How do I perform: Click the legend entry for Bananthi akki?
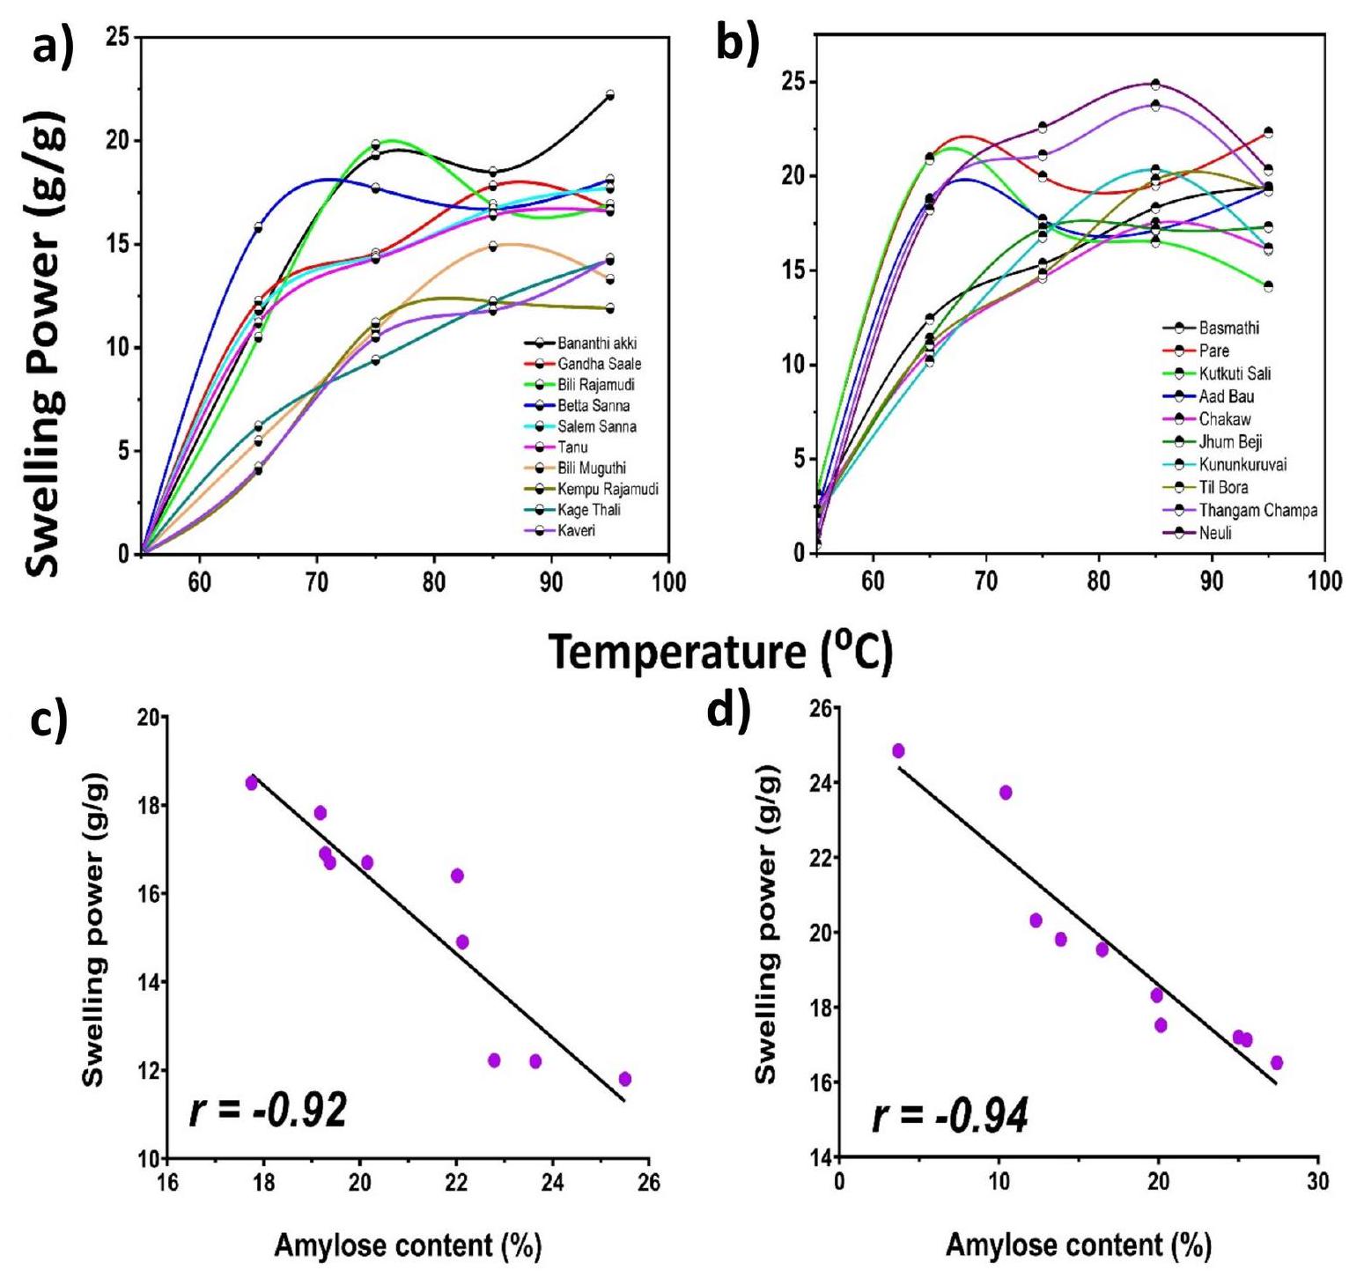coord(596,343)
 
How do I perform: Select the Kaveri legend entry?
coord(576,530)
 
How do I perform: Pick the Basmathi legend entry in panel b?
coord(1228,328)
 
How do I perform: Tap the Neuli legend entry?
coord(1214,533)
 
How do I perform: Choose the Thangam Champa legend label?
coord(1257,510)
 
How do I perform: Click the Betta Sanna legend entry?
coord(594,405)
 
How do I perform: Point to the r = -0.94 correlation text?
coord(950,1117)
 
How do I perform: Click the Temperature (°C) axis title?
coord(721,652)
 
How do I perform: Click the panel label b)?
coord(736,42)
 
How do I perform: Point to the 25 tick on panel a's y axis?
coord(116,38)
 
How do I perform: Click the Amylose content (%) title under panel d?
coord(1078,1244)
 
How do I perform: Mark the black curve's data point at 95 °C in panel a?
coord(609,95)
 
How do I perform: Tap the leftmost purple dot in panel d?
coord(898,750)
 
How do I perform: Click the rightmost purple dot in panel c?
coord(625,1079)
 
